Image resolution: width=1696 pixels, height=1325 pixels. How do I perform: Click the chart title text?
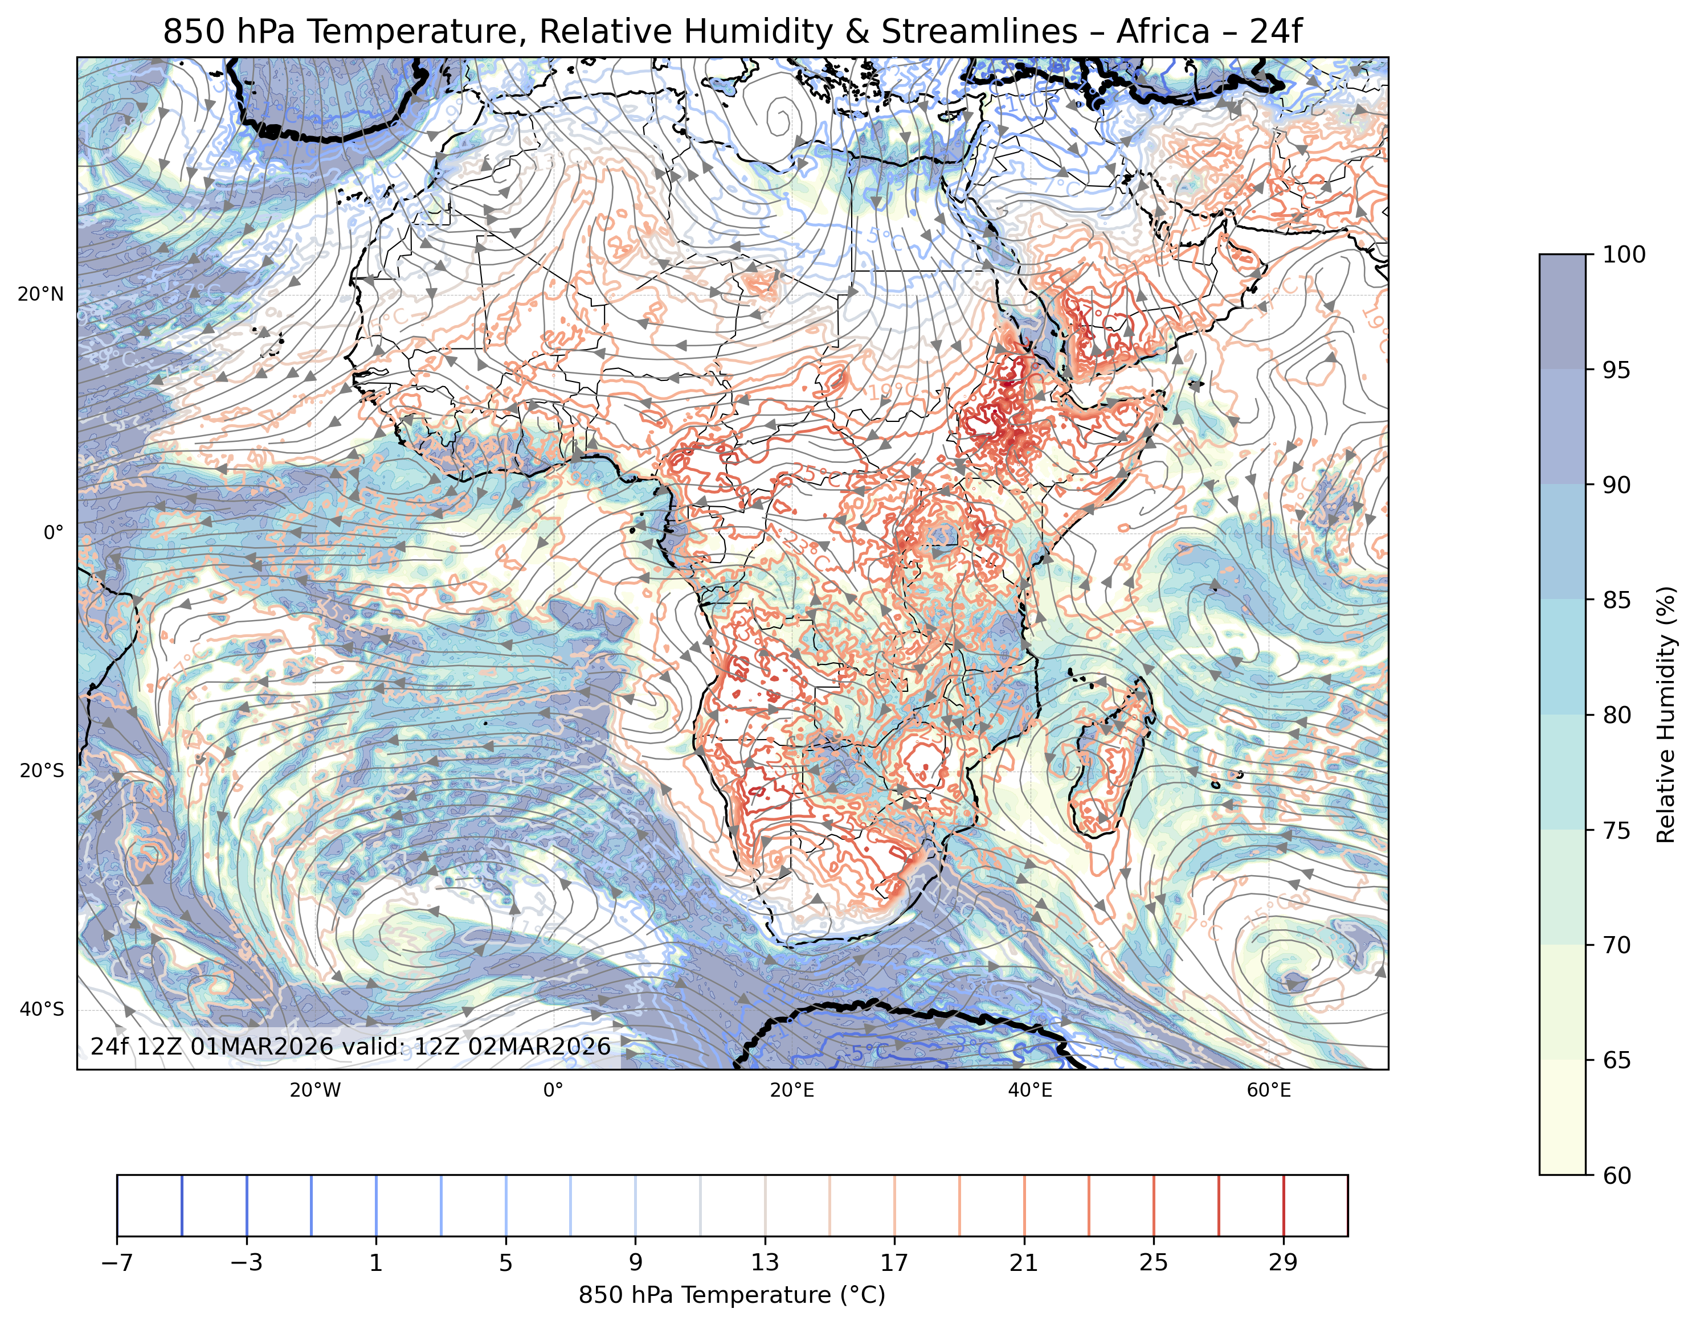click(x=732, y=32)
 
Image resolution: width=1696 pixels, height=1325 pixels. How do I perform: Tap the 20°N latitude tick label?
click(x=41, y=295)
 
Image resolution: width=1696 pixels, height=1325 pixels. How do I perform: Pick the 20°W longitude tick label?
click(x=315, y=1090)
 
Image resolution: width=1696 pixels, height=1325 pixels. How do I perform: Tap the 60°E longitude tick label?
click(x=1269, y=1090)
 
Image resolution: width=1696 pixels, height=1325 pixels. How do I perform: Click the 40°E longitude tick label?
click(x=1031, y=1090)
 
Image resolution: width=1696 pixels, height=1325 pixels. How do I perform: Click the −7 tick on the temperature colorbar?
click(x=117, y=1264)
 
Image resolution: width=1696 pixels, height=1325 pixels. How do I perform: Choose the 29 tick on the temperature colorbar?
click(x=1283, y=1264)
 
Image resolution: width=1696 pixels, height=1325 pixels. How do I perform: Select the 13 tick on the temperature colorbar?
click(x=765, y=1264)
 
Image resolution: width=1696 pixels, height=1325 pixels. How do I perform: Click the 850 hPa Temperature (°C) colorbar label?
click(x=731, y=1295)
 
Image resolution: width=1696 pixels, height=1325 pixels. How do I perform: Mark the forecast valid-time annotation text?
click(x=351, y=1047)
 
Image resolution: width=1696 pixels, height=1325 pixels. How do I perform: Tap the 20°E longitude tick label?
click(x=792, y=1090)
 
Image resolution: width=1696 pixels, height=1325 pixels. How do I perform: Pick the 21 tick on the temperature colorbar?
click(x=1024, y=1264)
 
